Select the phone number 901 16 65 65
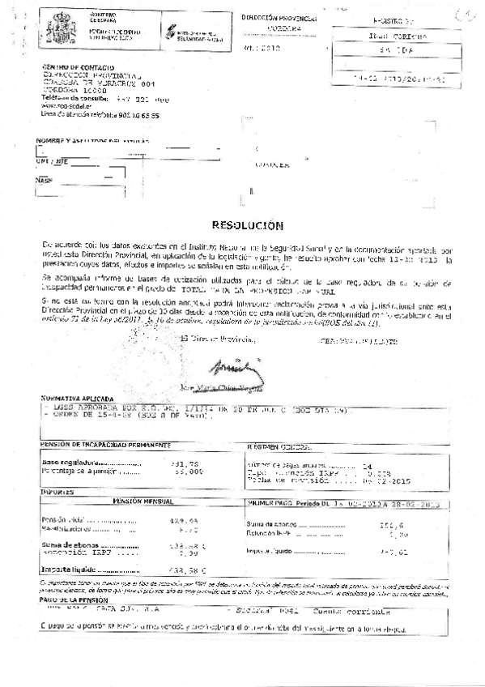[134, 115]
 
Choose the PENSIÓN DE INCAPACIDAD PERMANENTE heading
[105, 445]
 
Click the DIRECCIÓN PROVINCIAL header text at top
[279, 16]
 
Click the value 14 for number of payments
[368, 467]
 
